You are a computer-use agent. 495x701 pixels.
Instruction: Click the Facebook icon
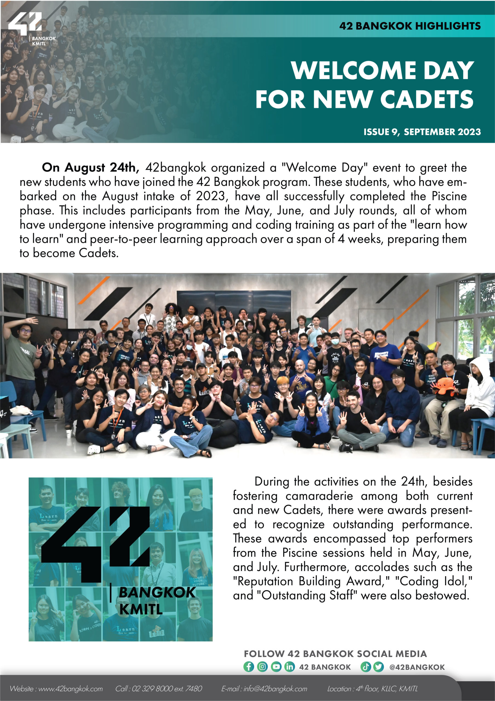[x=248, y=667]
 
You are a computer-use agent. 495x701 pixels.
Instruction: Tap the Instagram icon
[x=262, y=667]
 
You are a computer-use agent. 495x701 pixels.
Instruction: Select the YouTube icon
[x=276, y=667]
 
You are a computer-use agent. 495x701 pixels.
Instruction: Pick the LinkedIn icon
[x=289, y=667]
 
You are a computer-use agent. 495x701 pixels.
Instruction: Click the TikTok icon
[x=365, y=667]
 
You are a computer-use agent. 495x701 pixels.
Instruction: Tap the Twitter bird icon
[x=378, y=667]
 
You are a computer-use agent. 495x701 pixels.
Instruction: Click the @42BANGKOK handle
[x=417, y=667]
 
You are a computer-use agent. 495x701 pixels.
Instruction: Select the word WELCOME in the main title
[x=354, y=71]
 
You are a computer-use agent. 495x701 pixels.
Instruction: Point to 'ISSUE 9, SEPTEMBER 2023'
[x=422, y=132]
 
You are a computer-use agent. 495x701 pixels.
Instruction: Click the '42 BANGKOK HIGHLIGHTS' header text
[x=410, y=26]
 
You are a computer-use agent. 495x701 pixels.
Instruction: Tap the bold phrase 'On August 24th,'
[x=90, y=167]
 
